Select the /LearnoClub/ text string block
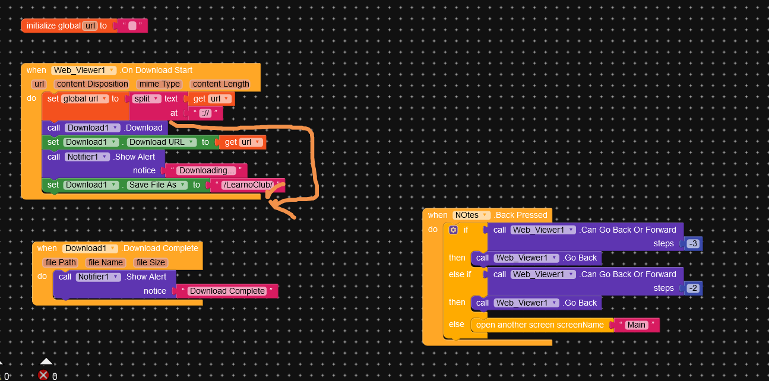247,185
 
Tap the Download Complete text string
227,291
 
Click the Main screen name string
637,325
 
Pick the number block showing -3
693,244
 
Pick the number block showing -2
693,288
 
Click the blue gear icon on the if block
453,230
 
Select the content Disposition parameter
92,84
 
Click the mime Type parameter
159,84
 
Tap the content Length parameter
221,84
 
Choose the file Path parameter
59,262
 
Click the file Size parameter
151,262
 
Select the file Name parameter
105,262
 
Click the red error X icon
43,375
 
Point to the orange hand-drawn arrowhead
274,205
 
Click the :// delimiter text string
205,113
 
